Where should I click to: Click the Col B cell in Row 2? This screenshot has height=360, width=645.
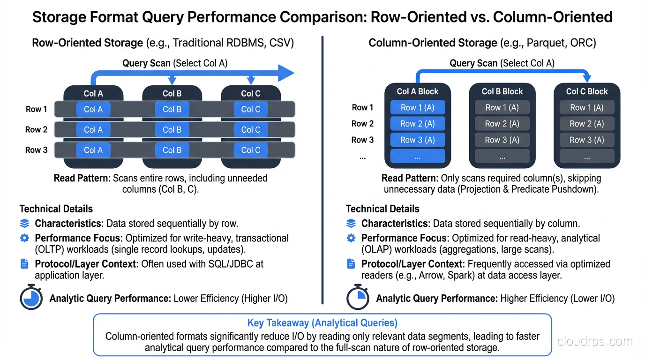(x=172, y=130)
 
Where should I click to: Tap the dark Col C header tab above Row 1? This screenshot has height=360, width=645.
(x=250, y=93)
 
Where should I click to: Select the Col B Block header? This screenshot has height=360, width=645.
(x=502, y=91)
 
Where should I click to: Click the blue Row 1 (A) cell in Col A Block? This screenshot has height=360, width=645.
(x=417, y=108)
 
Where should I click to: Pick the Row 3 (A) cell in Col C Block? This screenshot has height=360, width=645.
(x=587, y=140)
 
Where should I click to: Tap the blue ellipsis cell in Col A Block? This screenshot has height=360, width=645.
(x=417, y=157)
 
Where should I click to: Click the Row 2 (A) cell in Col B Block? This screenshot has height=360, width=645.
(x=502, y=124)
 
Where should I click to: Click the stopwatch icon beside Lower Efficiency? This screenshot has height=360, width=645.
(x=31, y=297)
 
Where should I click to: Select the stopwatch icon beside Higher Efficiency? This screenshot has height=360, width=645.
(x=358, y=297)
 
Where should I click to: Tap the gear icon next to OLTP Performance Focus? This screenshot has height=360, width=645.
(x=24, y=238)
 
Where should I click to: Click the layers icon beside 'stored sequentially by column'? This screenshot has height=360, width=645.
(x=351, y=224)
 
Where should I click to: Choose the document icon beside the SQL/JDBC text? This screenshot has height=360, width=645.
(x=24, y=264)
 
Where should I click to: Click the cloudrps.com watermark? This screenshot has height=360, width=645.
(x=594, y=341)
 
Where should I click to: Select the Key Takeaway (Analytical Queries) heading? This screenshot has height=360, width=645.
(x=322, y=323)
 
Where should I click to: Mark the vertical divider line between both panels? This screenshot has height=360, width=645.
(x=322, y=169)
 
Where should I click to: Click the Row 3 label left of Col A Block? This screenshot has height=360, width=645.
(x=362, y=140)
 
